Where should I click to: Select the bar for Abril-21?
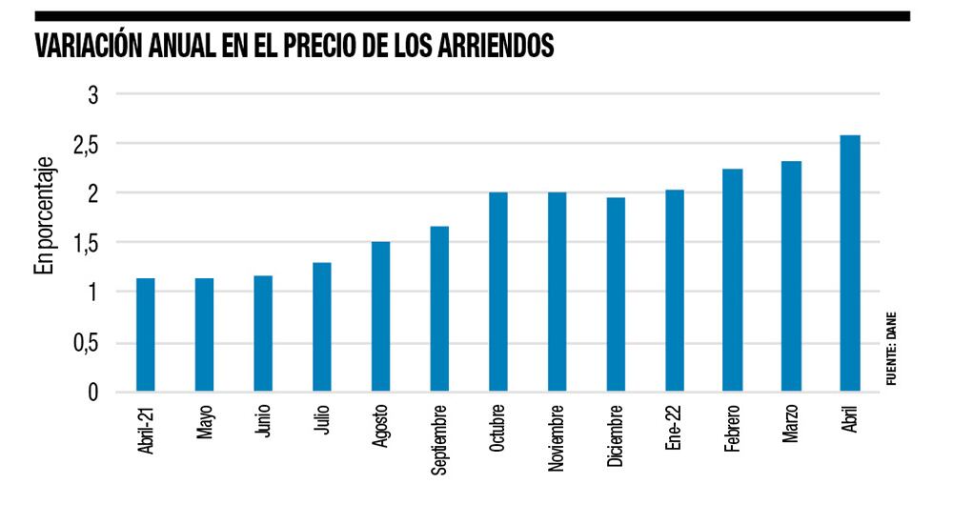[146, 334]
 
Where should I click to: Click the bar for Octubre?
[498, 292]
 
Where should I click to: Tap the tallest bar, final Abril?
[850, 263]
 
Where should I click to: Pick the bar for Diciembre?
[616, 294]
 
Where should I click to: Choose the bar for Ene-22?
[675, 291]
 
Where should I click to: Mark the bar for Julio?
[322, 327]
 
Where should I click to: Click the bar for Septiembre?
[439, 309]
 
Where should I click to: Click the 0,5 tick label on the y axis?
[88, 343]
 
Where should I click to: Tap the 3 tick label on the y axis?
[93, 95]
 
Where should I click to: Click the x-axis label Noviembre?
[558, 438]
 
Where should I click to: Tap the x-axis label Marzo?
[792, 426]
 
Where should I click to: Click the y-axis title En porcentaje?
[43, 219]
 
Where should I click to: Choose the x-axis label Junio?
[263, 424]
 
